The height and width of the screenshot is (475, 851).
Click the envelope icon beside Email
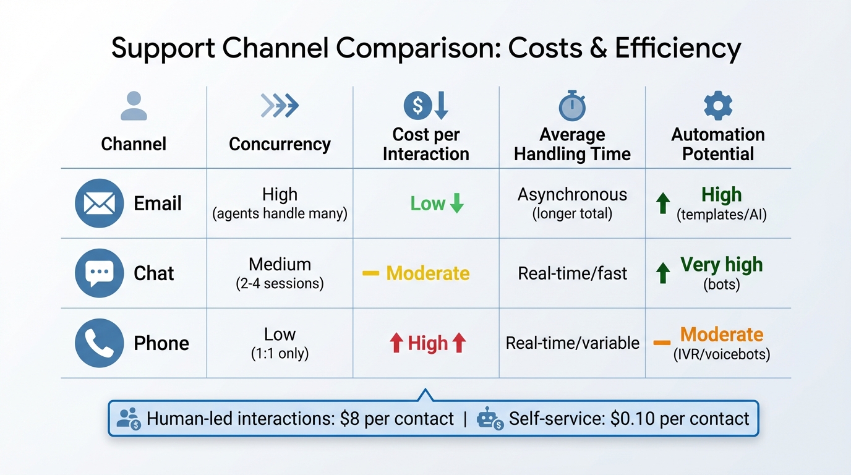click(100, 203)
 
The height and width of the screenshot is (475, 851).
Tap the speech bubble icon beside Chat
click(100, 273)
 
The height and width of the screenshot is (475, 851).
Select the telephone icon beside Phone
click(100, 343)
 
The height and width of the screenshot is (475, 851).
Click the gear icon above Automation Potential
click(718, 106)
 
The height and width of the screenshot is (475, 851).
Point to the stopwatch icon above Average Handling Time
click(572, 106)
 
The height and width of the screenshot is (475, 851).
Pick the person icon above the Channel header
click(134, 106)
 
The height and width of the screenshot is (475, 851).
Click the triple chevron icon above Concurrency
click(280, 106)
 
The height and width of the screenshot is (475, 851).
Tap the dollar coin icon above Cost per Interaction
click(417, 106)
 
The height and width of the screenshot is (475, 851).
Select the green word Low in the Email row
click(427, 203)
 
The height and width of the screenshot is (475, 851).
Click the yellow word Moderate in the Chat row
click(427, 273)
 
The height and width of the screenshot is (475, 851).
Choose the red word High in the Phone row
click(427, 343)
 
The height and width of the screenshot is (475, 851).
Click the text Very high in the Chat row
click(721, 265)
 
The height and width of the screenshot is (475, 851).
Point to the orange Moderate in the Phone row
click(721, 335)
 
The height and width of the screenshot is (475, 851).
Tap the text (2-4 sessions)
click(280, 285)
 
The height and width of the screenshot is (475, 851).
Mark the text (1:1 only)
click(280, 354)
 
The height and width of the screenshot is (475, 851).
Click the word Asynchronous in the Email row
click(572, 195)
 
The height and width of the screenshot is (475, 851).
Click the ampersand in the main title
click(597, 48)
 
